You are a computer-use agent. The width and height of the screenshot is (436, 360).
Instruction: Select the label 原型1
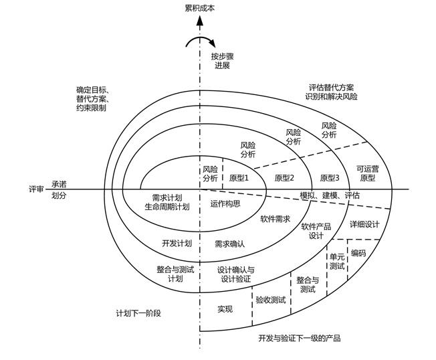[239, 178]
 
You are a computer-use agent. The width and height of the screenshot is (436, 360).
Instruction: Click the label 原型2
[284, 178]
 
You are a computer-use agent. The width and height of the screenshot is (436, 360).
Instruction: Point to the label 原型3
[330, 178]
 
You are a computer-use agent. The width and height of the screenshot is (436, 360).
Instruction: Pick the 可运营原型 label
[367, 174]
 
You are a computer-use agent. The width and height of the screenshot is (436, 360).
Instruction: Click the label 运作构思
[225, 203]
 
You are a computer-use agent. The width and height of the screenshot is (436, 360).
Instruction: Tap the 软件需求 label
[275, 219]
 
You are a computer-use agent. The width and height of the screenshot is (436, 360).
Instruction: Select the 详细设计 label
[364, 223]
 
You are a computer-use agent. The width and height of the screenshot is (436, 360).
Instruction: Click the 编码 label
[358, 253]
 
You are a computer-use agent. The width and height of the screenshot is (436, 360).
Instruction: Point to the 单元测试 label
[336, 261]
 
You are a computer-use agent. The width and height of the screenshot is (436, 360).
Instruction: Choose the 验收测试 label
[271, 299]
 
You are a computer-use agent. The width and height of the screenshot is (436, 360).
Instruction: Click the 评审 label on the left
[36, 189]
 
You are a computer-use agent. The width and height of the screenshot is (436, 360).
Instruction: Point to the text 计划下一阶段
[138, 313]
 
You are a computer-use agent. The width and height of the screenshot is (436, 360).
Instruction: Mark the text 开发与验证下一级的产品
[299, 338]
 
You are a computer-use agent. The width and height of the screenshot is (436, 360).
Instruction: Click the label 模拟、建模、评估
[330, 195]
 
